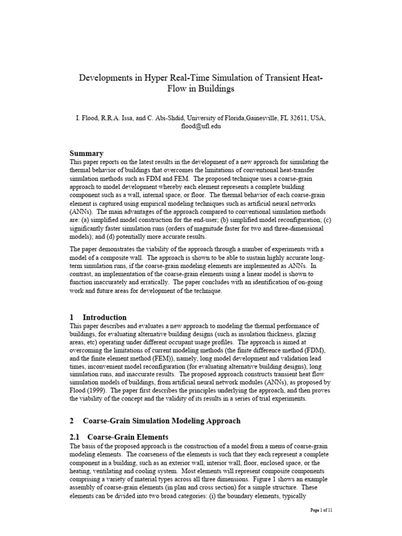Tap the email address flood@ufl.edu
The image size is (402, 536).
click(x=201, y=127)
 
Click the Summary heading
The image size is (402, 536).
click(x=86, y=153)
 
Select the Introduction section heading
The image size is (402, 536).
click(x=105, y=317)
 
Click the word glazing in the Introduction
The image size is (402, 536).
click(x=311, y=334)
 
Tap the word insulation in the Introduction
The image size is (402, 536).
click(x=246, y=334)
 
